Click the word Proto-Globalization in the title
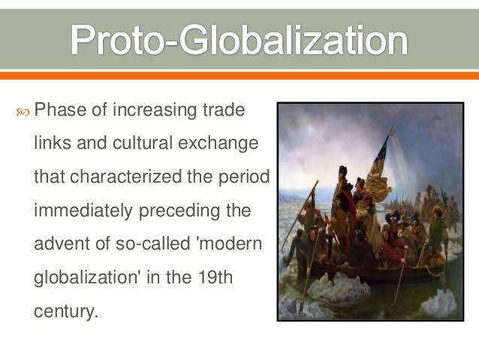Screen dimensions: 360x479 coord(239,39)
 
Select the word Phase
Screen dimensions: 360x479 coord(59,110)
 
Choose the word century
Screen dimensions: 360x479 coord(65,310)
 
